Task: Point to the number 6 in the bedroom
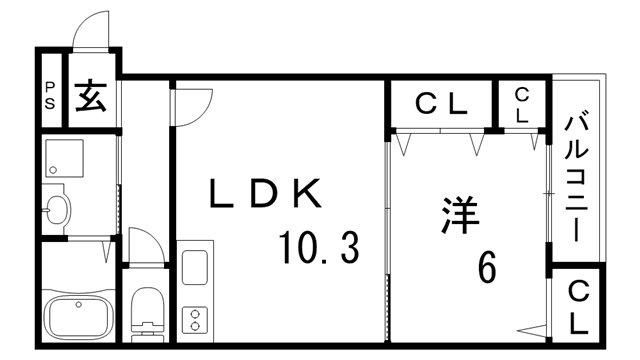(x=487, y=266)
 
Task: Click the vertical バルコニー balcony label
(x=576, y=179)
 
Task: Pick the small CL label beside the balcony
(x=522, y=104)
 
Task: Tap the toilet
(x=146, y=311)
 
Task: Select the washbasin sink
(x=57, y=209)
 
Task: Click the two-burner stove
(x=193, y=320)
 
